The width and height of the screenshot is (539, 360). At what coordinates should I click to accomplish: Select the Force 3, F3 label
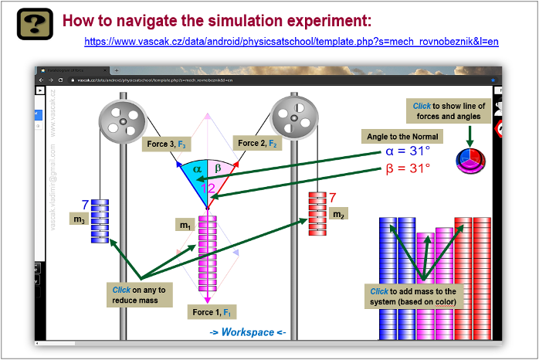[x=166, y=144]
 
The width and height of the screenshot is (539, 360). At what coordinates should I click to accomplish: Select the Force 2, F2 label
[x=258, y=143]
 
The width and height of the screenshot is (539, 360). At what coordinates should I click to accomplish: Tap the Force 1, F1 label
[x=208, y=312]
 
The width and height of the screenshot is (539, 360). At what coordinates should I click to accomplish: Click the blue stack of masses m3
[x=100, y=222]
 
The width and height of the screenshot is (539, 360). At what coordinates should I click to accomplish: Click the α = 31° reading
[x=408, y=151]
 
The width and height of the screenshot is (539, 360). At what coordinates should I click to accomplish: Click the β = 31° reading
[x=408, y=168]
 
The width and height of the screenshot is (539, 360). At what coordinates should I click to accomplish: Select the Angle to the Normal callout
[x=403, y=137]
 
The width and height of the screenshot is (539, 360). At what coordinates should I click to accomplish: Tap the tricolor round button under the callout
[x=470, y=161]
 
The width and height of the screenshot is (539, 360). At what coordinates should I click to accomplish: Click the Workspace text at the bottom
[x=248, y=332]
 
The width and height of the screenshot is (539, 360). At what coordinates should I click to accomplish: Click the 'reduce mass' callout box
[x=140, y=294]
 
